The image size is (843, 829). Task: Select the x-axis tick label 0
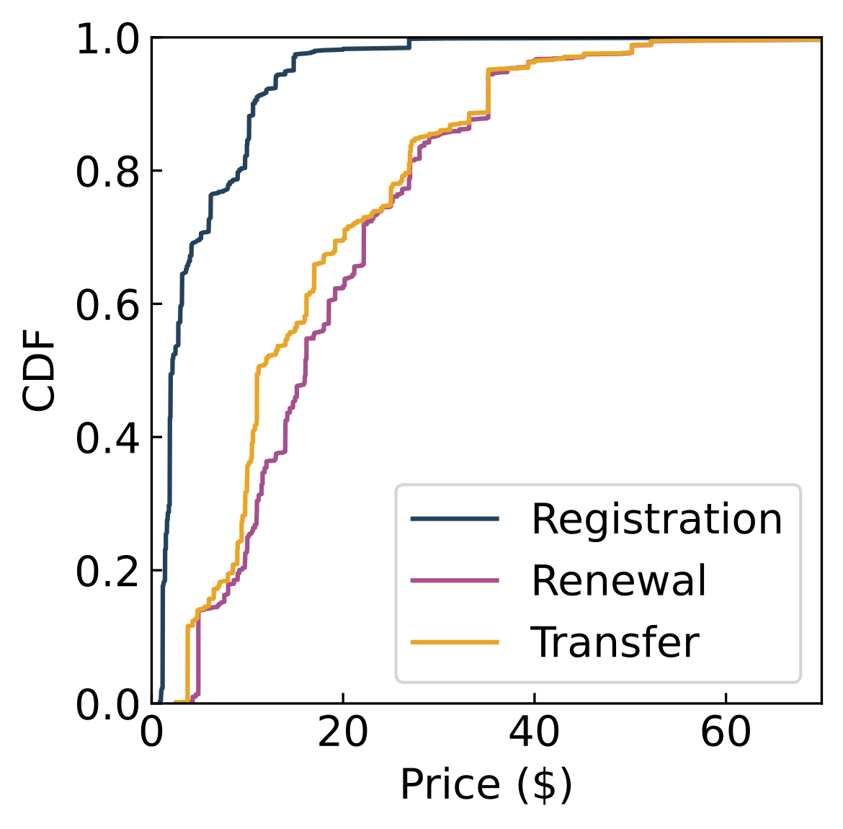click(x=152, y=733)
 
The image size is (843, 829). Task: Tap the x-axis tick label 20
click(x=343, y=733)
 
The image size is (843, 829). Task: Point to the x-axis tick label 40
click(x=535, y=733)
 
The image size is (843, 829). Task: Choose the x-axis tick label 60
click(x=726, y=733)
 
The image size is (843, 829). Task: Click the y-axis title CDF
click(x=39, y=371)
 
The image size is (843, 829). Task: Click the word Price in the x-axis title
click(x=450, y=784)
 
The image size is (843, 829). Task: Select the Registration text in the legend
click(x=656, y=519)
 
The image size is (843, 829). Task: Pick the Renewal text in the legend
click(x=619, y=580)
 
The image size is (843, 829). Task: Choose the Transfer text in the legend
click(x=615, y=642)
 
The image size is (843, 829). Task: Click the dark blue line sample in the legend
click(x=454, y=519)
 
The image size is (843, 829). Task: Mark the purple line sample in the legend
click(x=454, y=580)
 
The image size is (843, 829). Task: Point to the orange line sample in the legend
click(x=454, y=642)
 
